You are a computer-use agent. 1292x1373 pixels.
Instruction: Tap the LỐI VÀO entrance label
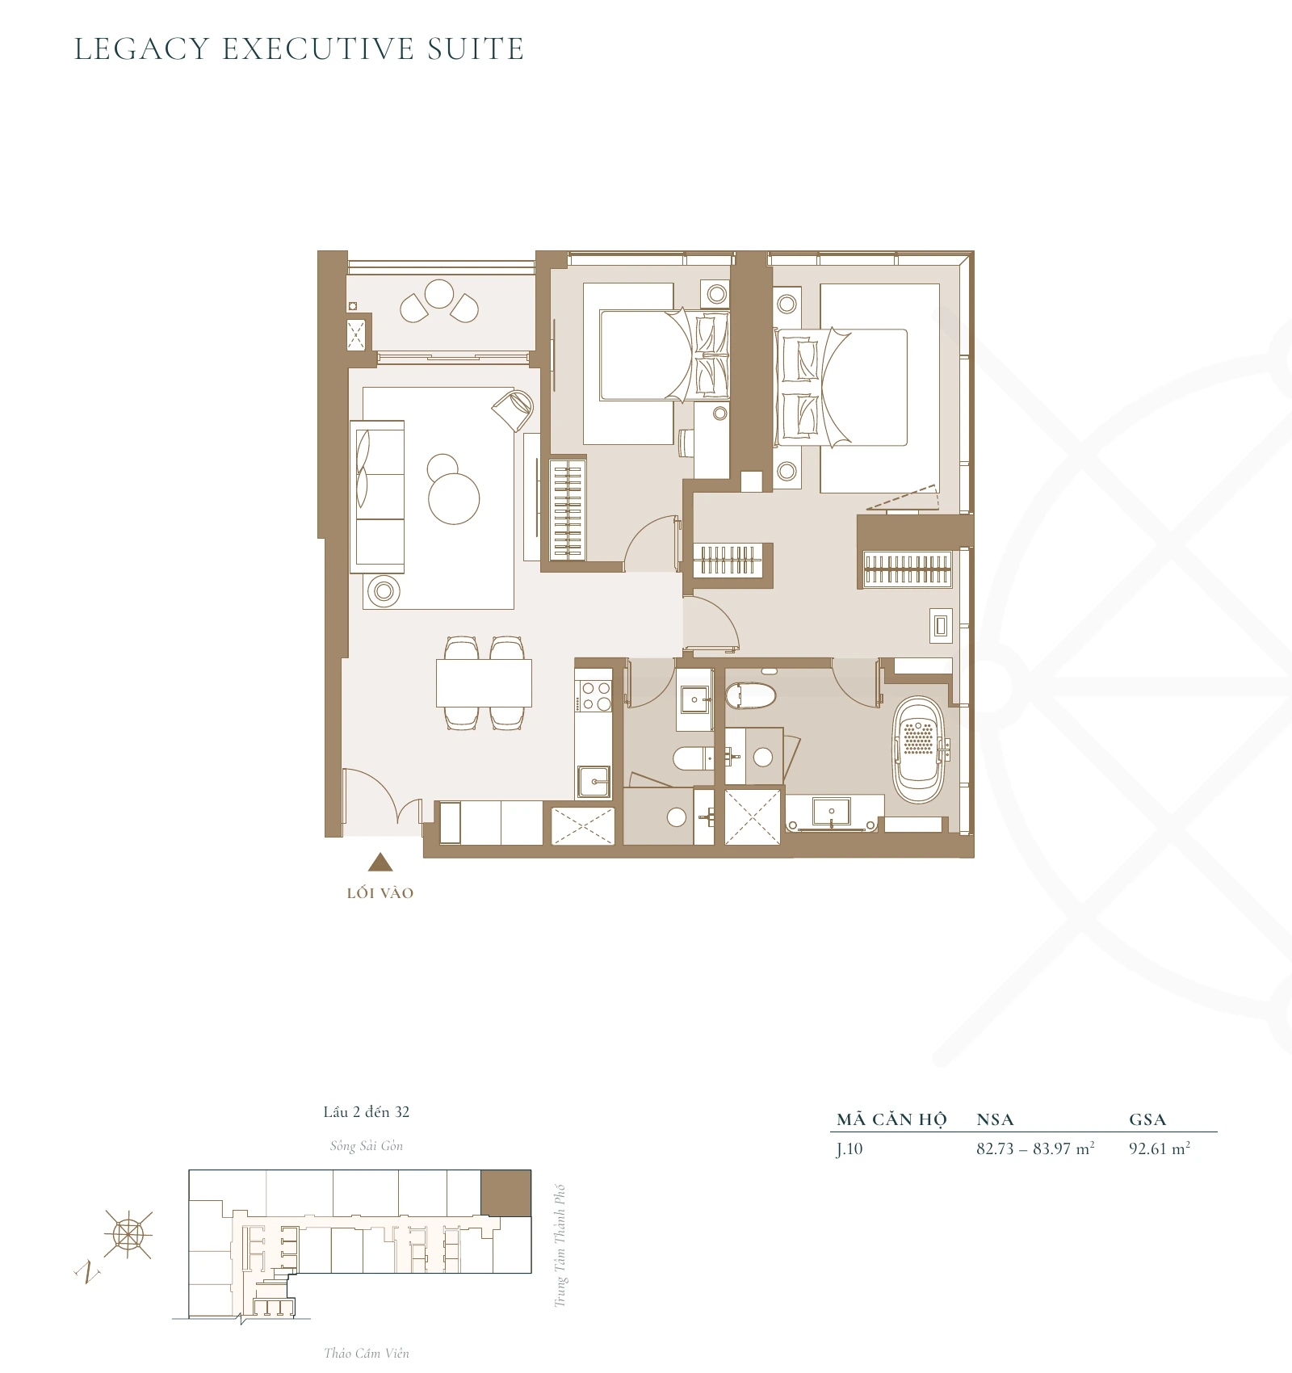(x=380, y=893)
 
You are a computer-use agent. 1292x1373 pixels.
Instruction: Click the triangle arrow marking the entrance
(x=380, y=863)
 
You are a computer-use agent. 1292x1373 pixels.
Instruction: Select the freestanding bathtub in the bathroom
(x=919, y=749)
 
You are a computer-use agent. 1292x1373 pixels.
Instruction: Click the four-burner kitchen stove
(x=596, y=696)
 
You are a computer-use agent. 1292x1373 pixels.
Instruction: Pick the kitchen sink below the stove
(x=594, y=782)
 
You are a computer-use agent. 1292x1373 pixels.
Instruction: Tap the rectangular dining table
(x=484, y=683)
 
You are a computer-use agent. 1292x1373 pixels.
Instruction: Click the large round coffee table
(x=454, y=498)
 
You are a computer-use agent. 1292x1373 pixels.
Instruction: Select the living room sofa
(x=378, y=496)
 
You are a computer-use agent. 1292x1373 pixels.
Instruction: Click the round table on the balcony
(x=439, y=294)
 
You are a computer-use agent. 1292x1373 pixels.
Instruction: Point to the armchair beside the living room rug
(x=513, y=410)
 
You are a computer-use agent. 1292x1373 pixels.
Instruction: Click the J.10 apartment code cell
(x=849, y=1149)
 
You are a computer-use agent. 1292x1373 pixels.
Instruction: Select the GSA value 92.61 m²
(x=1159, y=1149)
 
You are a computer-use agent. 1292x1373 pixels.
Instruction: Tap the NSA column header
(x=995, y=1120)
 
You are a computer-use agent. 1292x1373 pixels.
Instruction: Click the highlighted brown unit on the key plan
(x=505, y=1192)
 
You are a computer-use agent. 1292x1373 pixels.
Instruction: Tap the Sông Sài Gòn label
(x=366, y=1146)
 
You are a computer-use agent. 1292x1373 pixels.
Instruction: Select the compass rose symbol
(x=128, y=1234)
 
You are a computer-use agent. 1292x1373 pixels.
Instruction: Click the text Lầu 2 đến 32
(x=366, y=1112)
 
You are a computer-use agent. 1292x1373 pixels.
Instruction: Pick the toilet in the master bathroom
(x=751, y=695)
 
